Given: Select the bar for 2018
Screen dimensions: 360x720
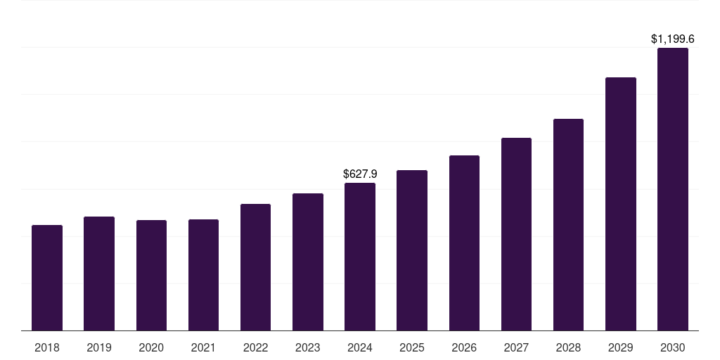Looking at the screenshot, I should tap(47, 278).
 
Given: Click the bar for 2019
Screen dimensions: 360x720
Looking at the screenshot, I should tap(99, 274).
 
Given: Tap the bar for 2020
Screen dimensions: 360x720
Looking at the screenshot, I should tap(151, 276).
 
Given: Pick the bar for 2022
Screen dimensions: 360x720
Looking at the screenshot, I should tap(255, 267).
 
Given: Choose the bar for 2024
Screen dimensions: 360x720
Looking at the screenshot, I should tap(360, 257).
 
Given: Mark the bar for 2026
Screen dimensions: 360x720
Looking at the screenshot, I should tap(464, 243).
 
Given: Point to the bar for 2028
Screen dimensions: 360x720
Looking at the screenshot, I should tap(568, 225).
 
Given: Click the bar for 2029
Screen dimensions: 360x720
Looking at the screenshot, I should tap(621, 204).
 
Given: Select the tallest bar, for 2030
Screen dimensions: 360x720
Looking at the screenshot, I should tap(673, 189).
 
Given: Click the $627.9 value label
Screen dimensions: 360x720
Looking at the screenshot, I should tap(360, 173).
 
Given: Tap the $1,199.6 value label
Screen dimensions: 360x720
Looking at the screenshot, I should tap(673, 39).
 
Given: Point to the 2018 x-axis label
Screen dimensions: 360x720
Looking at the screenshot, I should tap(47, 347).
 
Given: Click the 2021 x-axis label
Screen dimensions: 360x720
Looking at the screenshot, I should tap(203, 347).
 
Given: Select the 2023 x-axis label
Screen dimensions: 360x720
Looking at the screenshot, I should tap(308, 347).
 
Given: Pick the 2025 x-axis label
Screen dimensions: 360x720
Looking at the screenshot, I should tap(412, 347).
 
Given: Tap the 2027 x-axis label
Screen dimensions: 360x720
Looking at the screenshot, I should tap(516, 347).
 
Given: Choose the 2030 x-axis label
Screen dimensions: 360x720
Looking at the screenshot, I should tap(673, 347).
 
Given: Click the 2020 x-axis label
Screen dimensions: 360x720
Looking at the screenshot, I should tap(151, 347).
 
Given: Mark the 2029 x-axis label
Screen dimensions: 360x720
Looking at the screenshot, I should tap(621, 347).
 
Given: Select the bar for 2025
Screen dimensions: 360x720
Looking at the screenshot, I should tap(412, 250).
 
